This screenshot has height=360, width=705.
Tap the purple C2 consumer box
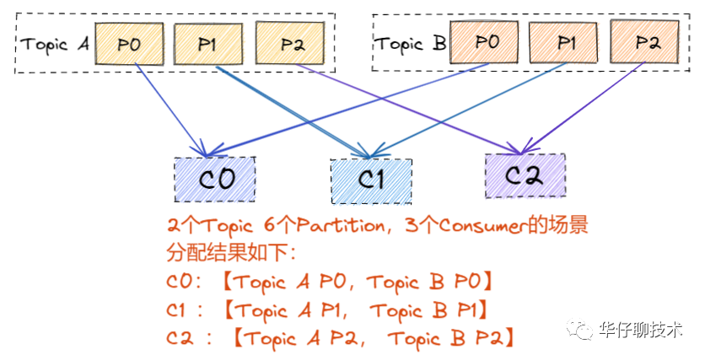(x=525, y=175)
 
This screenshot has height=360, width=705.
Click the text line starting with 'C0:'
(x=330, y=282)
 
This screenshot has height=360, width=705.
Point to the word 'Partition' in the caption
(x=333, y=225)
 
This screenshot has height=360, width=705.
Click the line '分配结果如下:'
(x=223, y=254)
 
